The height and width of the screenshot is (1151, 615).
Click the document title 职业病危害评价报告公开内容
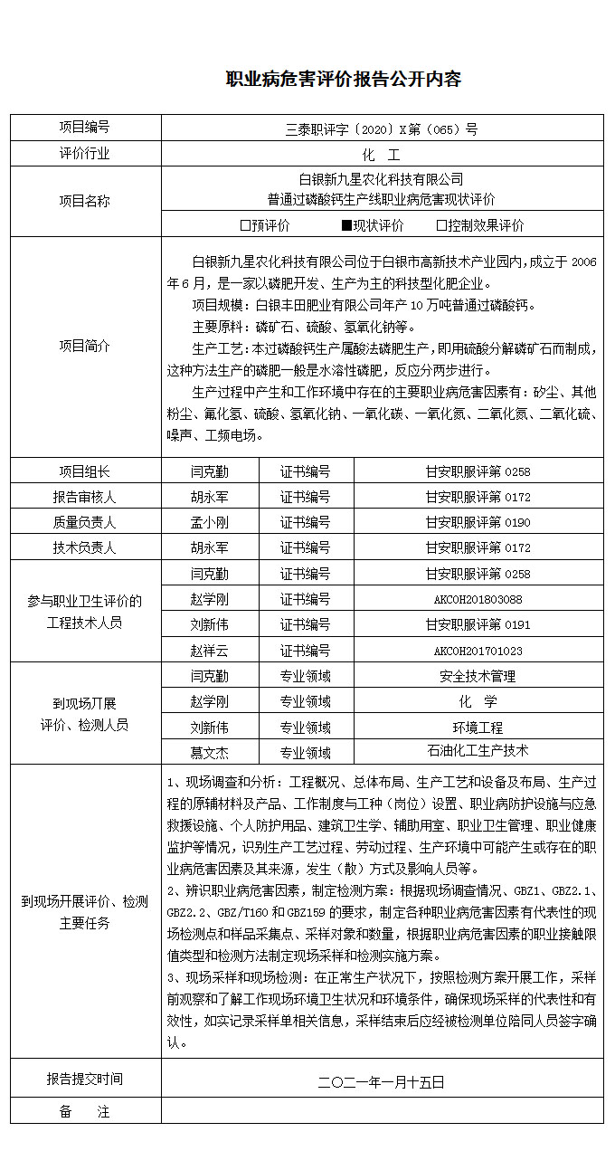tap(343, 80)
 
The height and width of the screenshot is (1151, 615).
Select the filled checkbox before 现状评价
tap(345, 225)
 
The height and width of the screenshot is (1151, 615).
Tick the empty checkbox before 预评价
tap(245, 225)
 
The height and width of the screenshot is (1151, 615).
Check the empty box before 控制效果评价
tap(441, 225)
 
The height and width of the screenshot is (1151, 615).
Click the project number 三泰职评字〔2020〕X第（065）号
tap(381, 128)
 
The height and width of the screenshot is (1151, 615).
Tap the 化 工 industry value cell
tap(381, 154)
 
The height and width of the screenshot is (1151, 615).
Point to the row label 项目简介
tap(85, 346)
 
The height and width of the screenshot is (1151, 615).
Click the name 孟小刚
tap(209, 522)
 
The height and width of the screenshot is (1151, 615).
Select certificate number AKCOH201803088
tap(478, 599)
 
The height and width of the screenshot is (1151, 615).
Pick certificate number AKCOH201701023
tap(478, 651)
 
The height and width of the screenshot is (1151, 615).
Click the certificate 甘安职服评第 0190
tap(478, 522)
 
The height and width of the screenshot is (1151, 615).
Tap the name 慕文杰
tap(209, 752)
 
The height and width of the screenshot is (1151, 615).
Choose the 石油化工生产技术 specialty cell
tap(478, 751)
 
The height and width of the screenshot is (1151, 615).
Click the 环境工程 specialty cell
tap(478, 727)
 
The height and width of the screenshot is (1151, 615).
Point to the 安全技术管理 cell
tap(478, 676)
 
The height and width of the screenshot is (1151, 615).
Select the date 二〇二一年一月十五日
tap(381, 1080)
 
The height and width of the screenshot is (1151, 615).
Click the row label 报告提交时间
tap(85, 1080)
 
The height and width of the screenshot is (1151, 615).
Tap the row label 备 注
tap(85, 1112)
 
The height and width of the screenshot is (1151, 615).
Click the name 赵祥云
tap(209, 651)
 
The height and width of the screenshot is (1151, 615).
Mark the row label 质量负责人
tap(85, 522)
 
